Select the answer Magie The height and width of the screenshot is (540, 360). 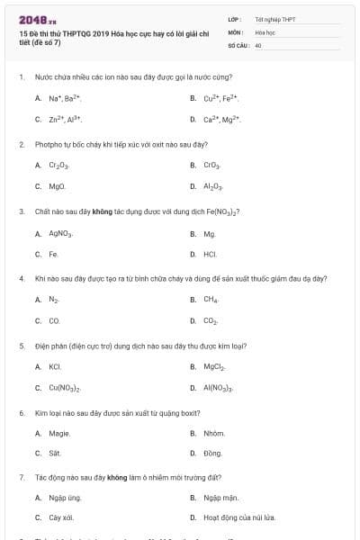point(59,434)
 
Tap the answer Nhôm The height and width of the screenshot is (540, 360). point(214,434)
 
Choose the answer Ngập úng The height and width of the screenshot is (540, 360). point(65,498)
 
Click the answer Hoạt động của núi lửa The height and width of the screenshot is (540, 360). point(238,518)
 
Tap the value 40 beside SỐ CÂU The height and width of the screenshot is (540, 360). point(258,45)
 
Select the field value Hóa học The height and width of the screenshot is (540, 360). point(265,31)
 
